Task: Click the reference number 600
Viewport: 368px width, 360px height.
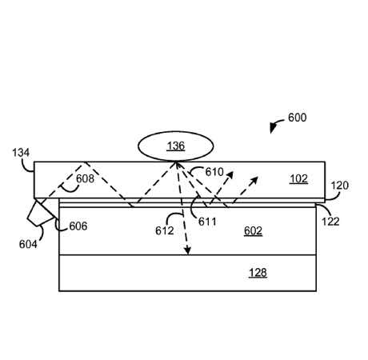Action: point(297,118)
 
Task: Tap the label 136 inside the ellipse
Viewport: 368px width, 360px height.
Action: point(176,146)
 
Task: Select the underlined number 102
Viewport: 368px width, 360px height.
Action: point(298,179)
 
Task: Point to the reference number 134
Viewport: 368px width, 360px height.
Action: point(21,153)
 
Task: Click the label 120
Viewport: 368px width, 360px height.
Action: point(339,186)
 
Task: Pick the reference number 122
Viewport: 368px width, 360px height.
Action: point(330,222)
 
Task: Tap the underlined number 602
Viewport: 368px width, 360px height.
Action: point(253,231)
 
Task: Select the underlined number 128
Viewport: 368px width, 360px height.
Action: point(258,273)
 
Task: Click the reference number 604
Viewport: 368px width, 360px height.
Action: point(28,244)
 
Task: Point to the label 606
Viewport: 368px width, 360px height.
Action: point(78,226)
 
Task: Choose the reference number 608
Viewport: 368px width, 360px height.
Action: point(85,178)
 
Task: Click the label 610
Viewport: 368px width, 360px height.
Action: point(214,172)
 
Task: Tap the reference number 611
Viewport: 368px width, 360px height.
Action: point(207,222)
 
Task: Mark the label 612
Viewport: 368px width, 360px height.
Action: point(165,231)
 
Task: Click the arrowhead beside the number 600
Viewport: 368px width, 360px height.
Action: point(273,128)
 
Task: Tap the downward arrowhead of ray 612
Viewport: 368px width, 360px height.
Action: point(188,251)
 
